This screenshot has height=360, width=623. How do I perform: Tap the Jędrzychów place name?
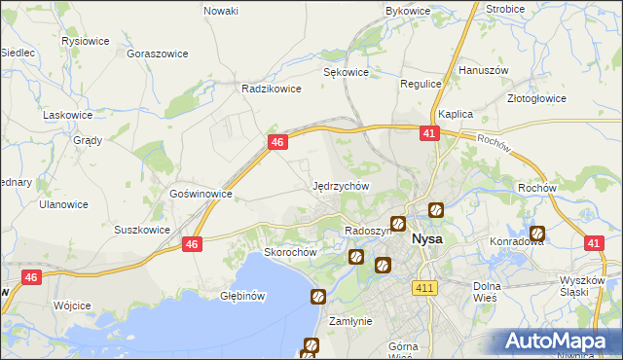(341, 185)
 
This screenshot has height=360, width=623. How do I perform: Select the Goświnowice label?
(201, 194)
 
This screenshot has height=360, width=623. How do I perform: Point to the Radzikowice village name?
(268, 88)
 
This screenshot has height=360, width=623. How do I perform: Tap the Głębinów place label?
(242, 295)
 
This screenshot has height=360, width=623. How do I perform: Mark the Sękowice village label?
(346, 72)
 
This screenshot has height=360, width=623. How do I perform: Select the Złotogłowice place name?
(537, 98)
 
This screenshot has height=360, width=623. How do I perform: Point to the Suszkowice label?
(142, 231)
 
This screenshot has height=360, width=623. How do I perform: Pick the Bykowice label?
(408, 11)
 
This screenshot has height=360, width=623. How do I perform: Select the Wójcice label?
(73, 305)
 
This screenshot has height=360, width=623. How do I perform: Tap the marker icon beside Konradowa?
(536, 234)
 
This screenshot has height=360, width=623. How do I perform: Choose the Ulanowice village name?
(63, 205)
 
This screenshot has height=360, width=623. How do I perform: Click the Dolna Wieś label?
(486, 292)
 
